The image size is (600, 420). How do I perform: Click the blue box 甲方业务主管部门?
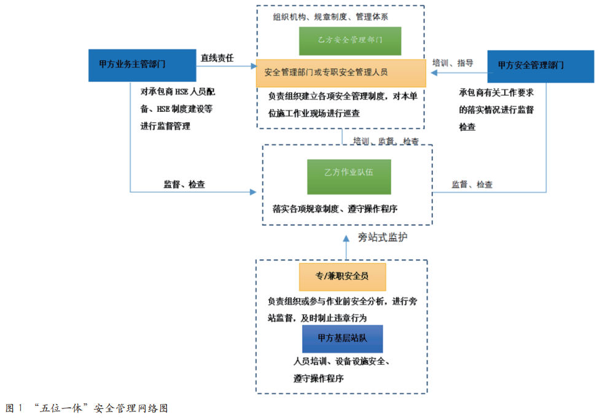tap(132, 64)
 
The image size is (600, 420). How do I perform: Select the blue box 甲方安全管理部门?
tap(531, 65)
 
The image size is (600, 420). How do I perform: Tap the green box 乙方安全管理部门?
tap(350, 41)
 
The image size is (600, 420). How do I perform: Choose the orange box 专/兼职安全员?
tap(342, 277)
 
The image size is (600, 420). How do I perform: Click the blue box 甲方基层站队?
tap(342, 338)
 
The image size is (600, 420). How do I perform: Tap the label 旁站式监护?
tap(383, 237)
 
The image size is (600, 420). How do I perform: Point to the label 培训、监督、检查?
tap(386, 141)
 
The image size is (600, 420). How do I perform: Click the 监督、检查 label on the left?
tap(184, 184)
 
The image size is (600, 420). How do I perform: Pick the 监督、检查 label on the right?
tap(472, 184)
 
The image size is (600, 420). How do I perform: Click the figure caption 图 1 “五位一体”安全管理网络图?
tap(87, 408)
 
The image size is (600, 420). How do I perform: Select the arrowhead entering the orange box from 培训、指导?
tap(433, 73)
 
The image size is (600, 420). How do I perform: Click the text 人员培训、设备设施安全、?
tap(342, 362)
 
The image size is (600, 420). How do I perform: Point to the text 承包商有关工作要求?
tap(496, 93)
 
